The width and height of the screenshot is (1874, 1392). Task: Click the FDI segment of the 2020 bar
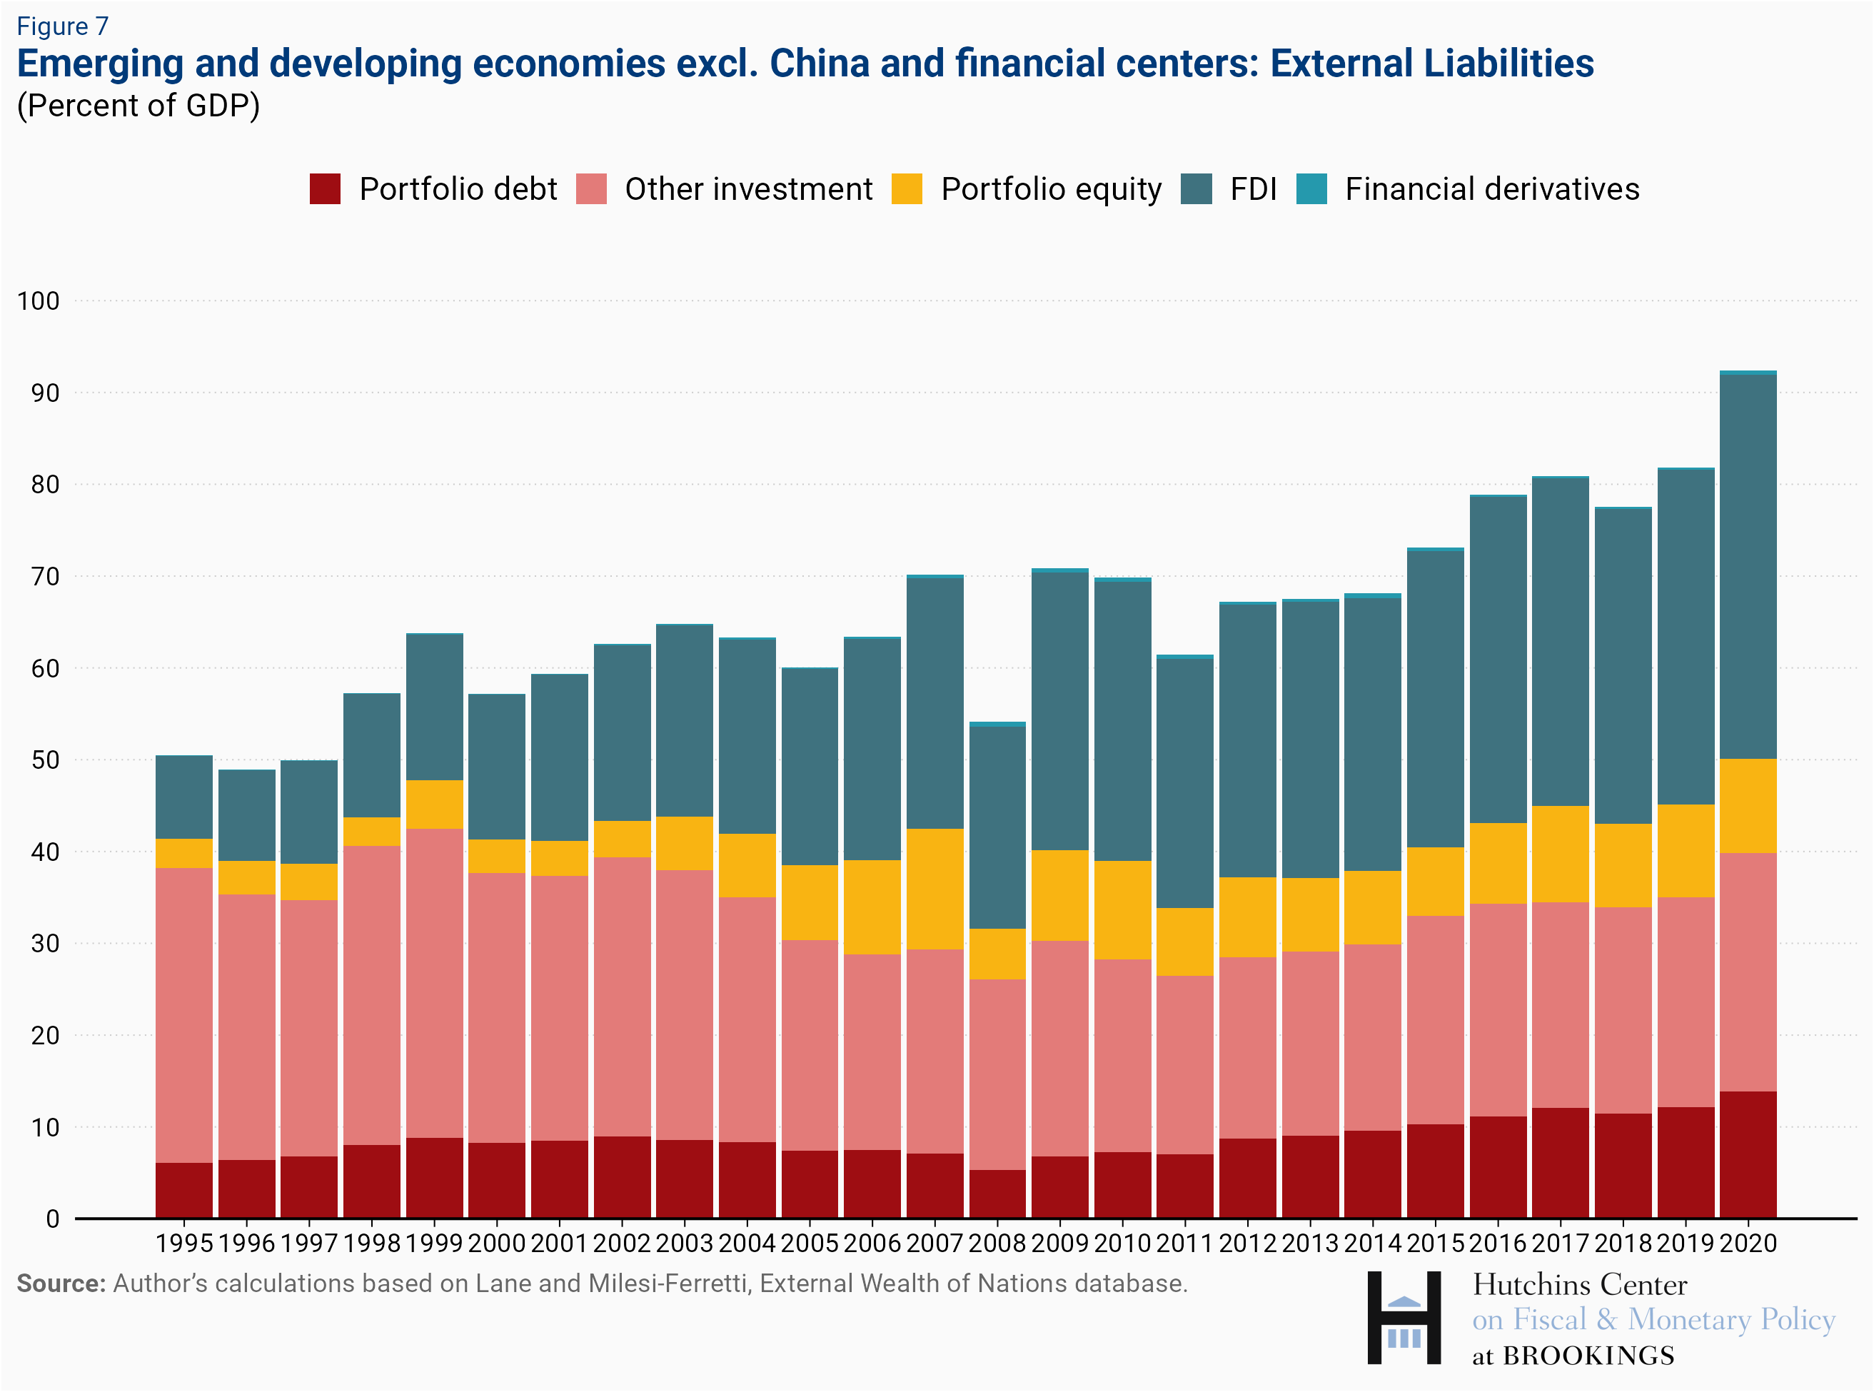pos(1748,566)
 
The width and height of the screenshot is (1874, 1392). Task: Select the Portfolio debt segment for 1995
pos(183,1190)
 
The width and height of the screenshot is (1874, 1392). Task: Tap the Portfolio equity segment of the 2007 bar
pos(935,889)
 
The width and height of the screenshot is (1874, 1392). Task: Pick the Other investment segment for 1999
pos(434,982)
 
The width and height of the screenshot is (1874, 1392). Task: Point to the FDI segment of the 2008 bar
pos(997,827)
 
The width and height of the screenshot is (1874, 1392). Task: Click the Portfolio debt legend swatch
pos(326,188)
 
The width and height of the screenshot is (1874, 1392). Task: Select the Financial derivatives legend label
pos(1491,188)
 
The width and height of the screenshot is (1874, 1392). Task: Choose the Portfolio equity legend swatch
pos(907,188)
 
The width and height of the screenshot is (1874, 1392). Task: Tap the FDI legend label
pos(1253,188)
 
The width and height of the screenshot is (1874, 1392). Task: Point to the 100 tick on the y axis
pos(39,301)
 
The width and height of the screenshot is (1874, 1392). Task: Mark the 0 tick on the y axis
pos(52,1219)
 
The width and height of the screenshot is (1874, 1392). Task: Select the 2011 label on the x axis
pos(1185,1243)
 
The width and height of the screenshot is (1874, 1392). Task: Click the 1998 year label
pos(372,1243)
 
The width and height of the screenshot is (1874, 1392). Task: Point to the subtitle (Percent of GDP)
pos(138,106)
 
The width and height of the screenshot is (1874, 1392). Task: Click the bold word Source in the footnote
pos(61,1283)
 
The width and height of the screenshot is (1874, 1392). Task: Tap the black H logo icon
pos(1404,1318)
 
